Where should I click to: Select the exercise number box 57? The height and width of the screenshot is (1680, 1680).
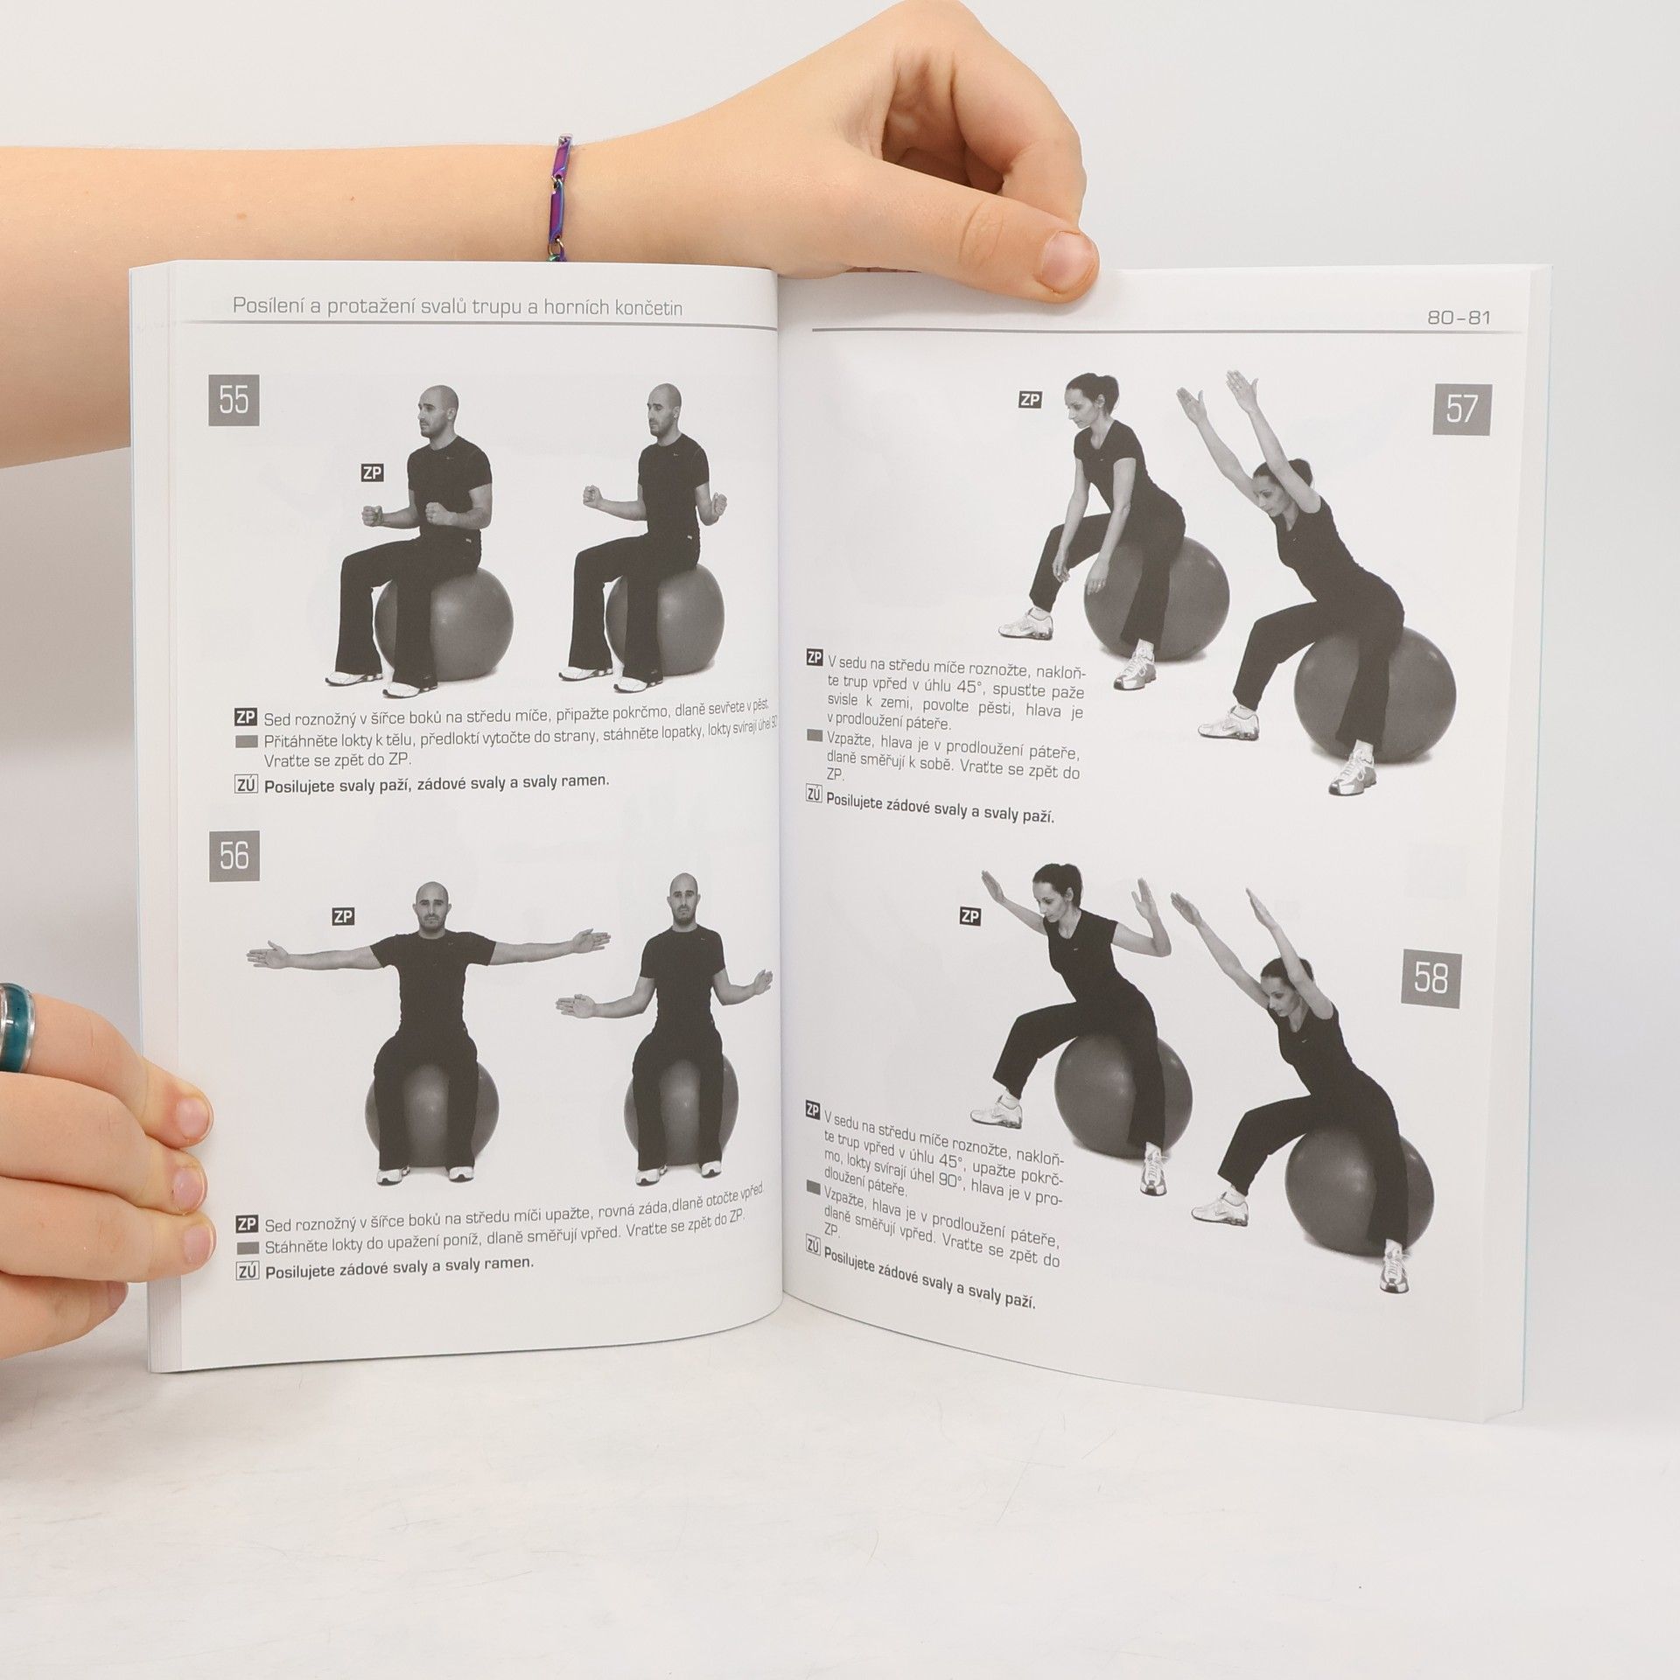(1462, 409)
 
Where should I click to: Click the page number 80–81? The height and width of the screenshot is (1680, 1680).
(1459, 318)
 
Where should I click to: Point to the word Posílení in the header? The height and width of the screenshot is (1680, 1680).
(268, 306)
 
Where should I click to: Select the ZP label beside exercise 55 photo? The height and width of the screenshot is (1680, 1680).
(372, 473)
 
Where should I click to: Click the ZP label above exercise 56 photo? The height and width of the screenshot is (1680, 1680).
(342, 917)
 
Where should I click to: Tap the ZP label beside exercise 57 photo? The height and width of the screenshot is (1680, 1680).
(1030, 400)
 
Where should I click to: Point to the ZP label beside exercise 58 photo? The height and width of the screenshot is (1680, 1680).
(969, 916)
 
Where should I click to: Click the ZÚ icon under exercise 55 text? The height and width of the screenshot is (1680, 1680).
(246, 785)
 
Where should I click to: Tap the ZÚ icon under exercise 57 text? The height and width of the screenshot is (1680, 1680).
(813, 794)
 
